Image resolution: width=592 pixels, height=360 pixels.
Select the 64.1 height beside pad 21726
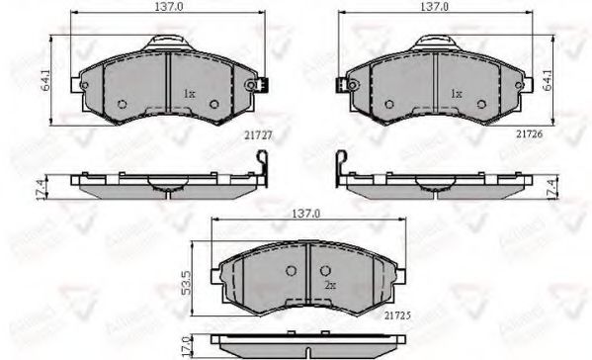[x=576, y=76]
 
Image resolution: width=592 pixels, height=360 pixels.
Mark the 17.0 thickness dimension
[x=184, y=347]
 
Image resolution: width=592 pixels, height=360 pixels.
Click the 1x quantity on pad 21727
[x=189, y=94]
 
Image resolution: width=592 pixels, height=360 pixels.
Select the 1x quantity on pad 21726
[x=456, y=94]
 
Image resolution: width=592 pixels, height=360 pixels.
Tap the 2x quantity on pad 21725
[x=329, y=287]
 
